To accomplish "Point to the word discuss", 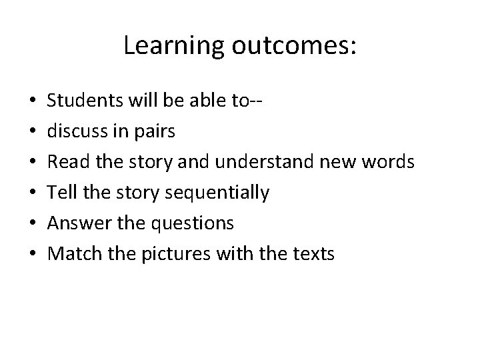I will click(x=73, y=131).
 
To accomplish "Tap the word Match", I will click(x=71, y=254).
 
